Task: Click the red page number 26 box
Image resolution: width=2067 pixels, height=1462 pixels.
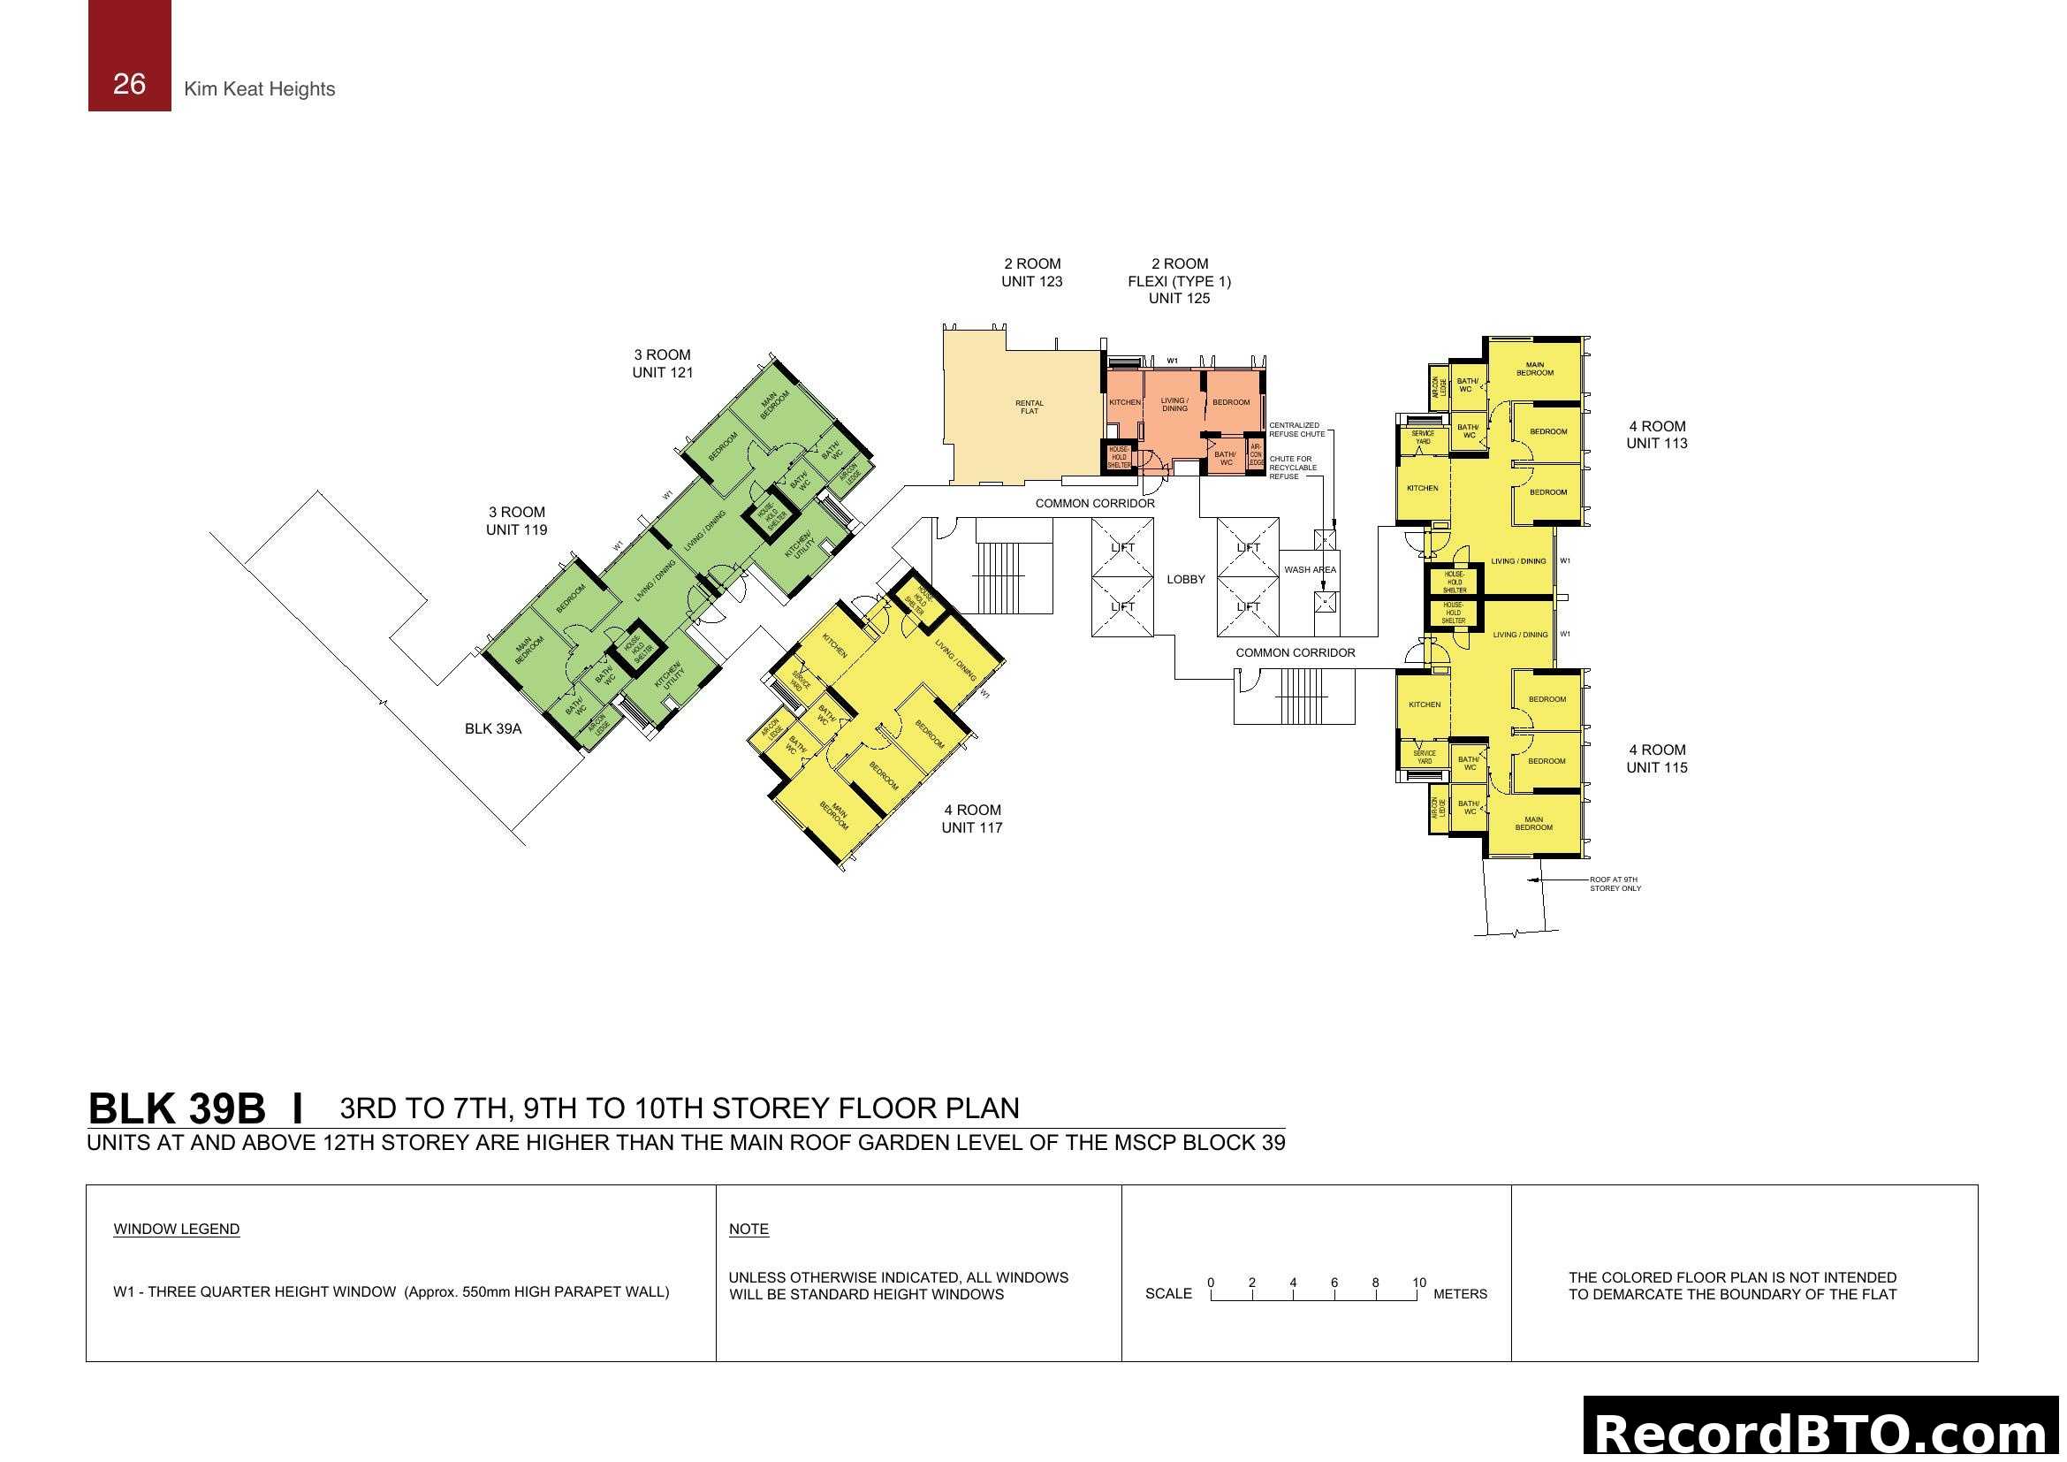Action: [x=129, y=56]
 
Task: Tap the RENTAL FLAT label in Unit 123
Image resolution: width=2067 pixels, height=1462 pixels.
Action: [x=1029, y=407]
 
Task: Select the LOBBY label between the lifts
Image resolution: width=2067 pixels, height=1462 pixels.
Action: [x=1185, y=580]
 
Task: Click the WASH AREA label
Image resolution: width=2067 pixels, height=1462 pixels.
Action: [x=1310, y=570]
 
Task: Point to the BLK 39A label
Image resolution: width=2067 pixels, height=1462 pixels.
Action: [x=492, y=729]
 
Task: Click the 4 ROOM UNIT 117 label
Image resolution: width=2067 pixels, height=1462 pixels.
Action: [x=971, y=819]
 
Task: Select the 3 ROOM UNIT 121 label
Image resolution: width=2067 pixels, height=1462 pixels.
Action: [x=663, y=363]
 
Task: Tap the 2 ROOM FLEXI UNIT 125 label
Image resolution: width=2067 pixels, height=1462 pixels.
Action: [x=1179, y=281]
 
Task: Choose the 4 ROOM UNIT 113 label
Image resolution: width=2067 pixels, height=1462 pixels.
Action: [x=1656, y=435]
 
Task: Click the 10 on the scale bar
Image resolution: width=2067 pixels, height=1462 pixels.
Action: [x=1419, y=1283]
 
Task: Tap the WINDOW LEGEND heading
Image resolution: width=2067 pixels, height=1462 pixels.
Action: [x=177, y=1230]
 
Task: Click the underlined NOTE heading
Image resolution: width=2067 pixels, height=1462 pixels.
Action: [x=749, y=1230]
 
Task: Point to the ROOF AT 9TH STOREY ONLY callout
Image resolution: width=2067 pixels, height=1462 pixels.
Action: [x=1615, y=884]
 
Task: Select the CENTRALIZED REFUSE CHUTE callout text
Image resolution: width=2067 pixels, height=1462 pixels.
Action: [x=1296, y=430]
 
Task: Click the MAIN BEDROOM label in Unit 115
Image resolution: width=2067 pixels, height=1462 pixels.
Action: [x=1533, y=824]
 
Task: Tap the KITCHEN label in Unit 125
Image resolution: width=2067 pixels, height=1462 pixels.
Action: [x=1124, y=402]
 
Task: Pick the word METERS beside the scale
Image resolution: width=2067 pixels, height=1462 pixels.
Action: [x=1459, y=1295]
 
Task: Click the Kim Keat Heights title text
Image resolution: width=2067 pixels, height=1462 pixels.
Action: [x=259, y=89]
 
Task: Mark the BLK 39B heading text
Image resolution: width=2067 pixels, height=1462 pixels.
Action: [x=177, y=1109]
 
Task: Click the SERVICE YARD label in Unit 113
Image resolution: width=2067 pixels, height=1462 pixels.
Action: [x=1423, y=438]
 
